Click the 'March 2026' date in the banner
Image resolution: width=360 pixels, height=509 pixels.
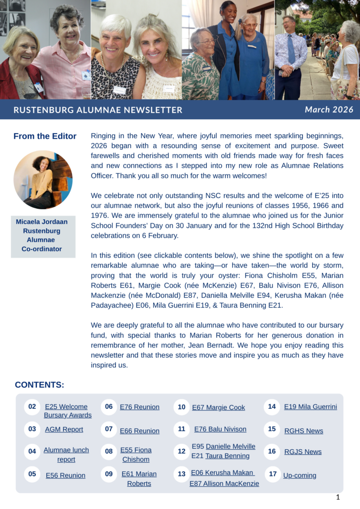(329, 110)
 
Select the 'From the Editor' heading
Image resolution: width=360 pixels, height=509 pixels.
(45, 136)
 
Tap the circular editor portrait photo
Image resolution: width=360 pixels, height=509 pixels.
(43, 179)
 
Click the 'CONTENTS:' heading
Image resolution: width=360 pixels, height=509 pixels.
(39, 385)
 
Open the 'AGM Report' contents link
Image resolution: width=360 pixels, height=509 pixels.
(64, 429)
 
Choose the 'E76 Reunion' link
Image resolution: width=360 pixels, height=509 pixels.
(140, 407)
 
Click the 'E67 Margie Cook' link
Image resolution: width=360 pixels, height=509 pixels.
(218, 408)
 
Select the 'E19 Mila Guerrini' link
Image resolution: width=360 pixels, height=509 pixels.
(310, 407)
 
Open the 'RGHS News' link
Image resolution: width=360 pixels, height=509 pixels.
(303, 431)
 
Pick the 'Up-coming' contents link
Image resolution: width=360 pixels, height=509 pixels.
(300, 476)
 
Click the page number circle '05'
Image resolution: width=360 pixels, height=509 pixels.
(32, 474)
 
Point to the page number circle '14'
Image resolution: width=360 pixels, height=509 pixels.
(272, 407)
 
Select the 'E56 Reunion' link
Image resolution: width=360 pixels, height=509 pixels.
(66, 476)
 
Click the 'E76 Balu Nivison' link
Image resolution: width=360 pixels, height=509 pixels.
(220, 429)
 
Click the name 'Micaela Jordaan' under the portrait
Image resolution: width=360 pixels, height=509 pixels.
(42, 222)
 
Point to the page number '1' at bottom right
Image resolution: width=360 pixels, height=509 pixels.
(338, 498)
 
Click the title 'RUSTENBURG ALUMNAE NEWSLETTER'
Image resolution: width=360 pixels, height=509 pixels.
(98, 110)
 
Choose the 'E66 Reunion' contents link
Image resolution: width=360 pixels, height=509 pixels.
(140, 431)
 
